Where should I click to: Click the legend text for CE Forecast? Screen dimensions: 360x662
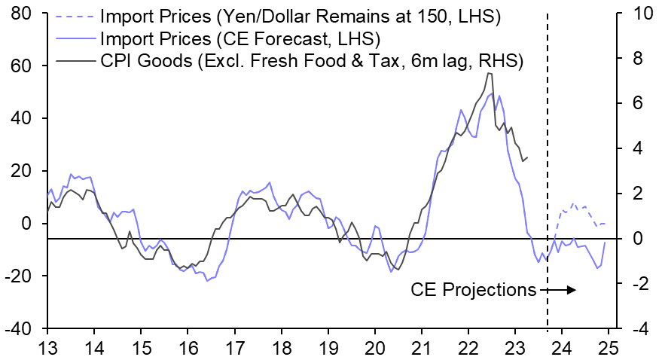(x=239, y=38)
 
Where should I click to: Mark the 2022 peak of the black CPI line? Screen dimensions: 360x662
(x=490, y=73)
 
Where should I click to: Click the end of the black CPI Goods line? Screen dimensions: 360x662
(x=528, y=157)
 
